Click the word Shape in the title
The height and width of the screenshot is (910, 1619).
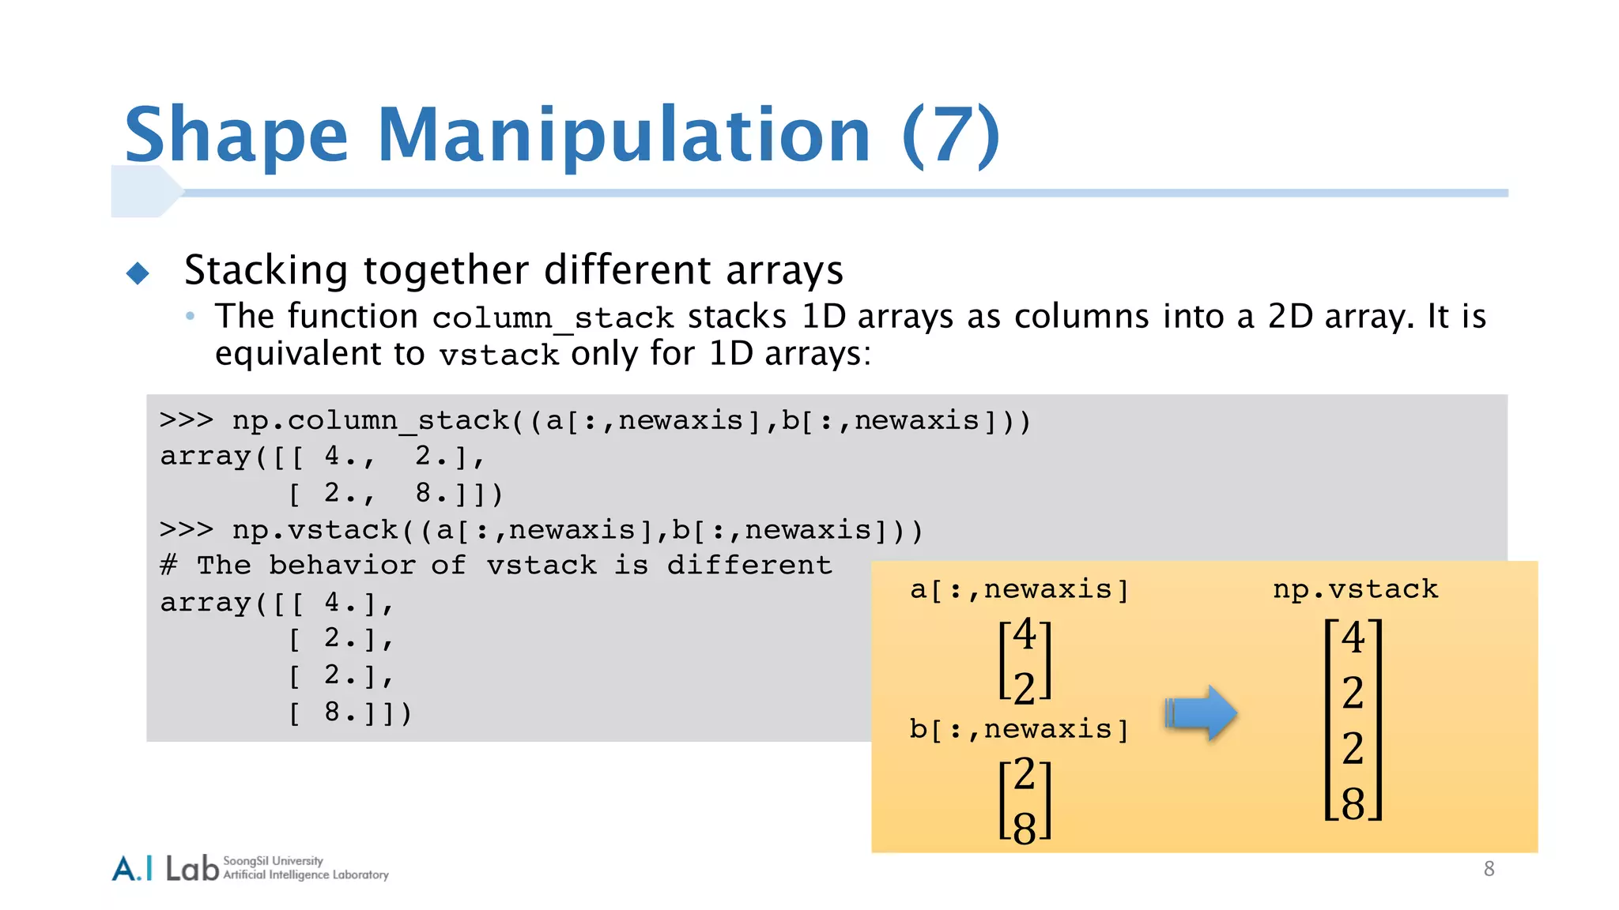click(x=236, y=136)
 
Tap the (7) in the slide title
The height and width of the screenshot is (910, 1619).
click(x=951, y=136)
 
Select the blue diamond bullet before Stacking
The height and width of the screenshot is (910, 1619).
click(x=138, y=273)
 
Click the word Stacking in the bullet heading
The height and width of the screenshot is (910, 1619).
click(x=266, y=271)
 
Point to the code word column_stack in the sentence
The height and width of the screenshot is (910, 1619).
click(x=553, y=318)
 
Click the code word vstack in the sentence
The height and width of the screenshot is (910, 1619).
click(x=499, y=355)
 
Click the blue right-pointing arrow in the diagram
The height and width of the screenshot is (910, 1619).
click(x=1201, y=713)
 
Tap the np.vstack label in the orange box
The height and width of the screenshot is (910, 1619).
click(x=1355, y=589)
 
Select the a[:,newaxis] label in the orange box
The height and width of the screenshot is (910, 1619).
click(x=1019, y=589)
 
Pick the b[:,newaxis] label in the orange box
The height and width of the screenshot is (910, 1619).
click(x=1018, y=729)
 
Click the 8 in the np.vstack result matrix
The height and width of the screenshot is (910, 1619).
click(x=1353, y=803)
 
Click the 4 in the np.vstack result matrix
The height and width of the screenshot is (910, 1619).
click(x=1353, y=637)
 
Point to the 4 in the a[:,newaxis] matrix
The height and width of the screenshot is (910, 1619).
click(x=1025, y=634)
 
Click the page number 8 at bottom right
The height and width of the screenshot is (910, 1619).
click(x=1489, y=869)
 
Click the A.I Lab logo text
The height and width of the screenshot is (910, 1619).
click(x=165, y=868)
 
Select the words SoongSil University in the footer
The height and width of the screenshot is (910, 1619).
click(x=273, y=861)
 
